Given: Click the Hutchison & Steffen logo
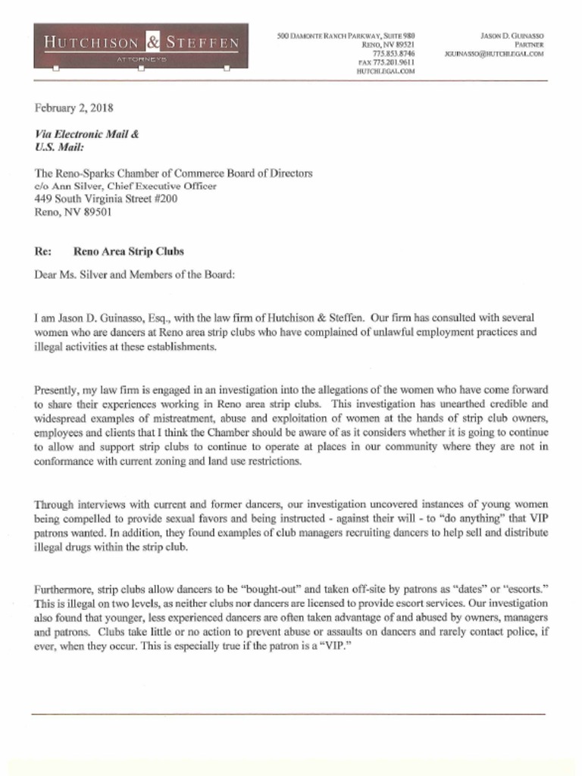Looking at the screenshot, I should coord(140,44).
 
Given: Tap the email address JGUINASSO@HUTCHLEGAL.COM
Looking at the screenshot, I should coord(494,54).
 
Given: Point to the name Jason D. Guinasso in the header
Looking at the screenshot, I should coord(512,36).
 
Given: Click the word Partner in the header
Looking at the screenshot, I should coord(529,45).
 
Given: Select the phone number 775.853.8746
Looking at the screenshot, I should coord(393,54).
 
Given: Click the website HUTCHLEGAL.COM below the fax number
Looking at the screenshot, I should coord(385,71).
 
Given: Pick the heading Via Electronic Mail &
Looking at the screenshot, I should coord(87,134).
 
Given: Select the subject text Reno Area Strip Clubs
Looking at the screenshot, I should coord(128,252).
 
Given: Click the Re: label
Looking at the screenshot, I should coord(43,252).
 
